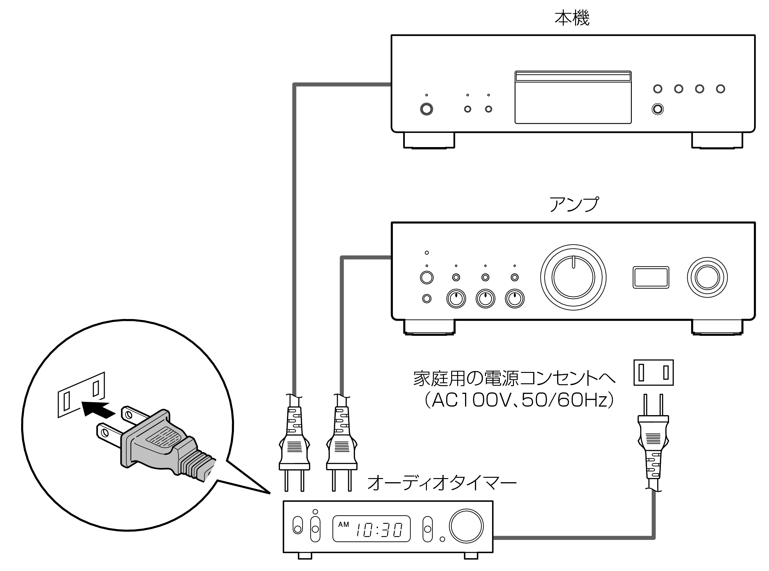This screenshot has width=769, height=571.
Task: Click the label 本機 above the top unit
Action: click(572, 18)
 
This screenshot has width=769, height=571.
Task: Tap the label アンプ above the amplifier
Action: click(574, 204)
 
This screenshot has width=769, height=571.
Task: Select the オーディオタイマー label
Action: click(441, 483)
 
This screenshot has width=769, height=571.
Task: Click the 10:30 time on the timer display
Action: click(379, 530)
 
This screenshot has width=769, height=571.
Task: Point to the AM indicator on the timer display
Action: click(343, 524)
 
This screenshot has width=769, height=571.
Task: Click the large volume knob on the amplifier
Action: click(573, 277)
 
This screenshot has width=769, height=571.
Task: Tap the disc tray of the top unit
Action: click(573, 97)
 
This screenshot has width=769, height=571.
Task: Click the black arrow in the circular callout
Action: click(98, 410)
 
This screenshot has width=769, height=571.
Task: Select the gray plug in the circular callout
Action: click(163, 443)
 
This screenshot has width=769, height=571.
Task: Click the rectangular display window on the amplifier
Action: click(651, 277)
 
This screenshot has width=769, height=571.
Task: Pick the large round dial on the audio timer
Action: click(466, 526)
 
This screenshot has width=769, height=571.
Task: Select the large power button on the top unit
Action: click(426, 109)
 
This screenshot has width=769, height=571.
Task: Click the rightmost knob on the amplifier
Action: click(707, 277)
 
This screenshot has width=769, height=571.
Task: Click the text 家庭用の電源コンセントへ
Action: click(514, 379)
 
